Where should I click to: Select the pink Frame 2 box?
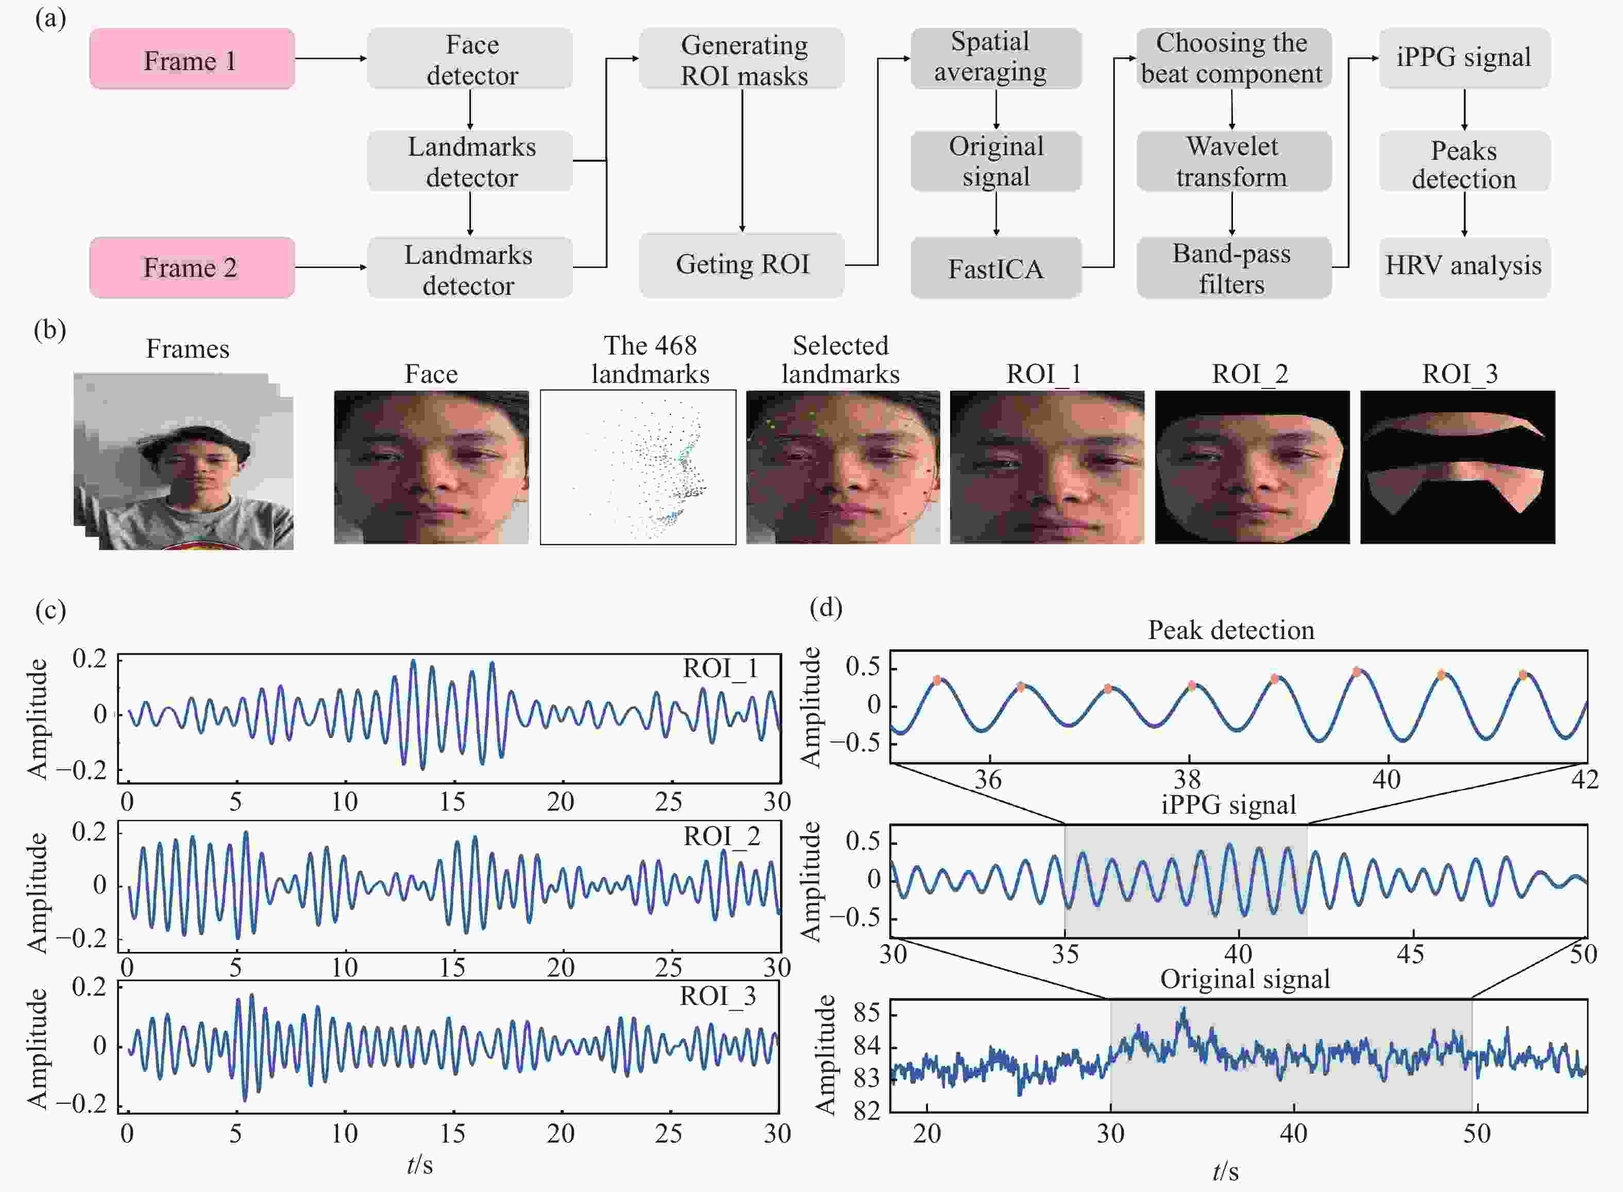tap(192, 267)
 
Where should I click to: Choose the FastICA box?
tap(996, 267)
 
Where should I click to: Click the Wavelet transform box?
tap(1234, 161)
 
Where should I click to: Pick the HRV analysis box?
tap(1464, 267)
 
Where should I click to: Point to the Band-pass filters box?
tap(1234, 267)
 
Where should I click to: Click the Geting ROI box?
tap(741, 265)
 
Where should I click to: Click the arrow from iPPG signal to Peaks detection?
tap(1464, 110)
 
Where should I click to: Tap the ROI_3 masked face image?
tap(1458, 467)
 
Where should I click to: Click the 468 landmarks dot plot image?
tap(638, 467)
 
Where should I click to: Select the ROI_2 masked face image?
tap(1252, 467)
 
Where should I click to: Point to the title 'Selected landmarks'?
tap(840, 359)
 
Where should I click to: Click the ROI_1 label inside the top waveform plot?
tap(721, 669)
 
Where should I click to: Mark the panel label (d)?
tap(826, 608)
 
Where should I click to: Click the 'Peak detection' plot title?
tap(1231, 630)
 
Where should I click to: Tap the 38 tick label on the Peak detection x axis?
tap(1187, 779)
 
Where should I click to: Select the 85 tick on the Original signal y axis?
tap(866, 1013)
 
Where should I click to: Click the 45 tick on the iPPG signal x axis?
tap(1411, 954)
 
